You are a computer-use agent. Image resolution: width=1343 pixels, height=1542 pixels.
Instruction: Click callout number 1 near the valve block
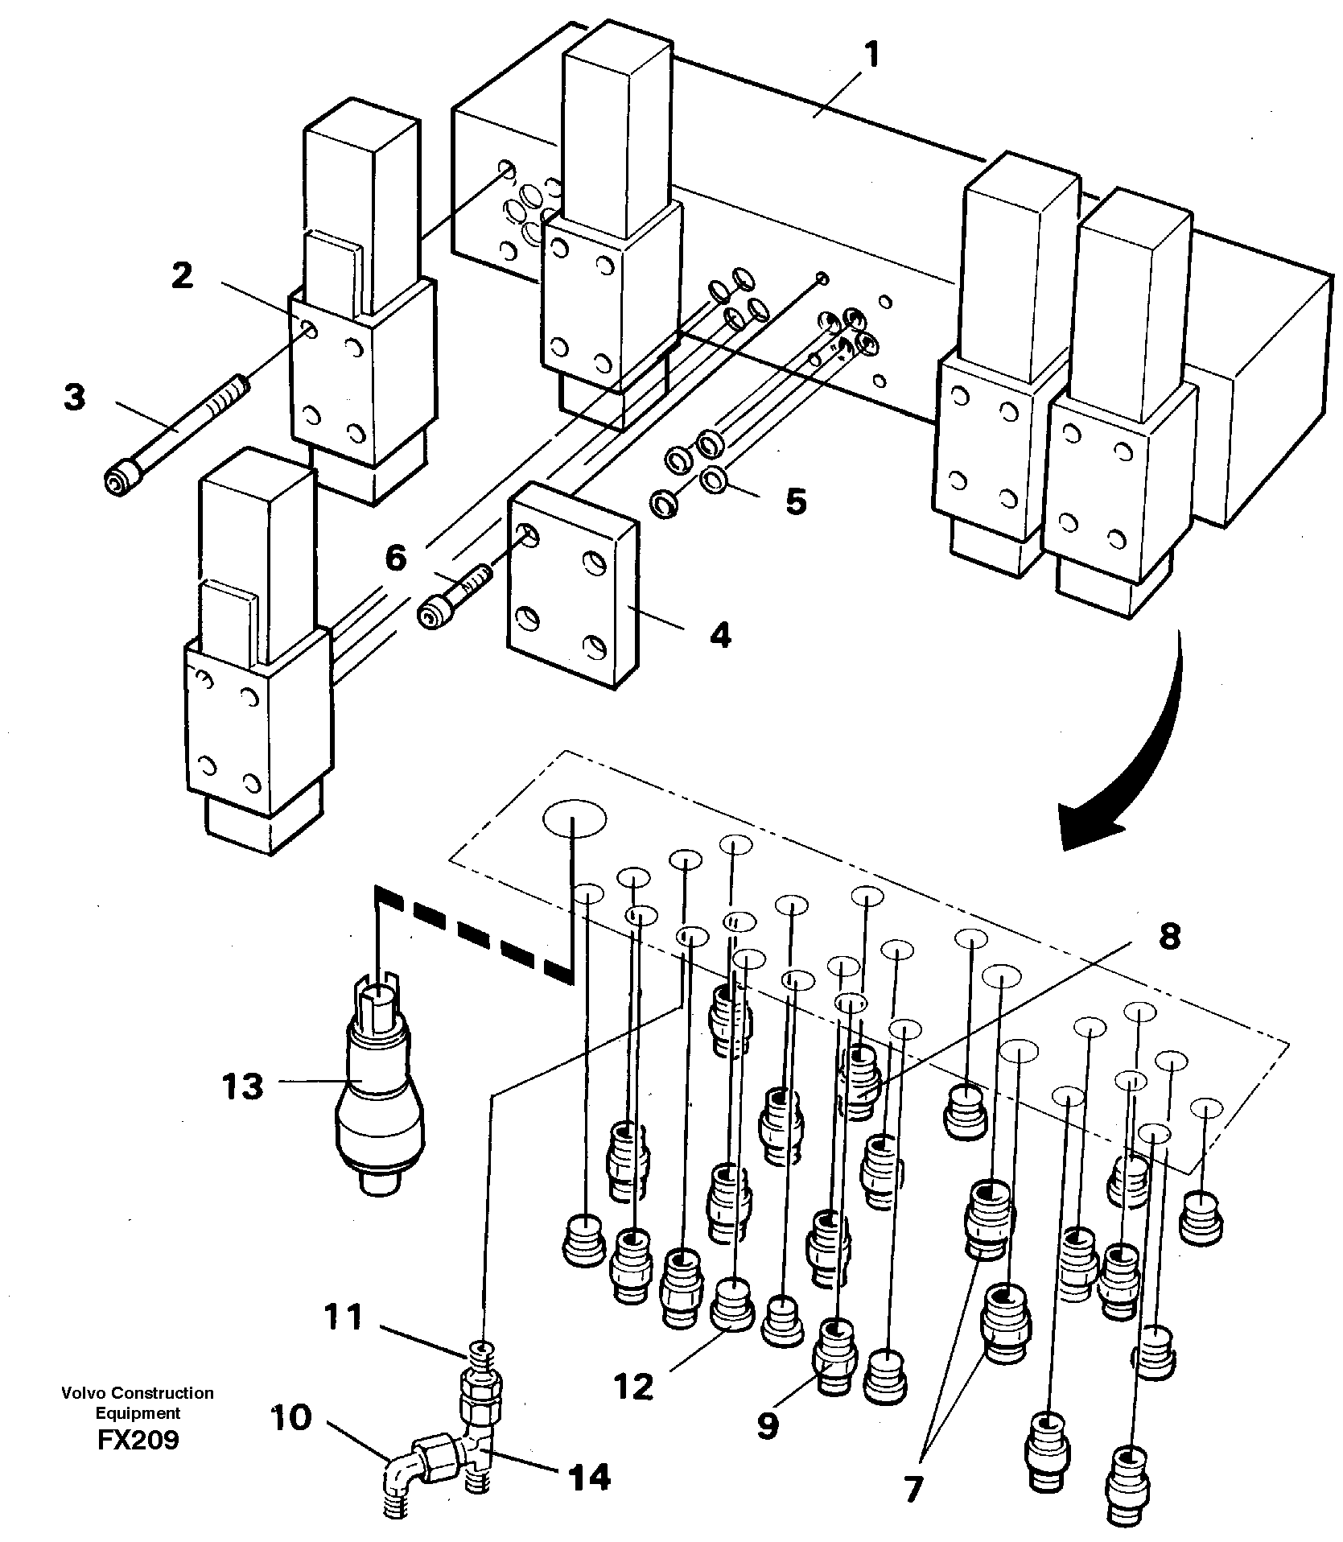click(871, 57)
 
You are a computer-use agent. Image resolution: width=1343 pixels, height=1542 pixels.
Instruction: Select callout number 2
click(183, 276)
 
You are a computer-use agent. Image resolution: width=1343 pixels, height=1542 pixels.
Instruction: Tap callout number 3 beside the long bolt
click(75, 397)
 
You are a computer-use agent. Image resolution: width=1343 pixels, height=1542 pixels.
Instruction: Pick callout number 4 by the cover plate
click(720, 635)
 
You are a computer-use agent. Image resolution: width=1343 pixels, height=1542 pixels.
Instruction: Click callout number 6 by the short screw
click(395, 558)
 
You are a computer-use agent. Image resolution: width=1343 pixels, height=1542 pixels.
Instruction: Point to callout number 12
click(633, 1387)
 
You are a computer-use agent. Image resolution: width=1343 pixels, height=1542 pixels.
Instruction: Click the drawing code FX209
click(138, 1439)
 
